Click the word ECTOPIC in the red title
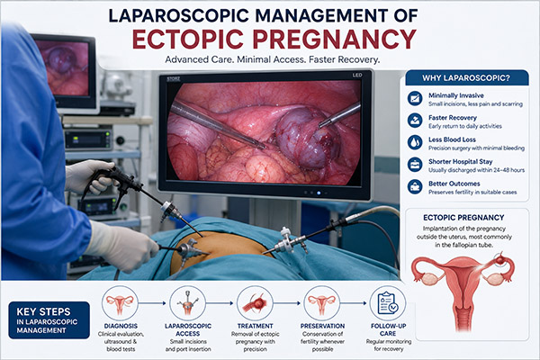188,39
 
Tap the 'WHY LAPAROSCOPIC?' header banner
466,78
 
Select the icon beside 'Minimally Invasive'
415,98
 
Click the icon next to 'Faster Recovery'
415,121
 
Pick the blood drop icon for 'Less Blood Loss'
415,142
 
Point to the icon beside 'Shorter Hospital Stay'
415,165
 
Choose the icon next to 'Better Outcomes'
415,186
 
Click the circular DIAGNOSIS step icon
120,303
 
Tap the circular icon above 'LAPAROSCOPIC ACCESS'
188,303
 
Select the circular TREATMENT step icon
256,303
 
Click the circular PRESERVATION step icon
322,303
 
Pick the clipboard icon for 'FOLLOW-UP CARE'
388,303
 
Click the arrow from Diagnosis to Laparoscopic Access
153,303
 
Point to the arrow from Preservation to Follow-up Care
354,303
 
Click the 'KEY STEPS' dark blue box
49,320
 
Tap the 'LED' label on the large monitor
357,75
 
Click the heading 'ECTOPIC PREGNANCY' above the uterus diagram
463,218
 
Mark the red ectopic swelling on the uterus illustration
499,259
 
